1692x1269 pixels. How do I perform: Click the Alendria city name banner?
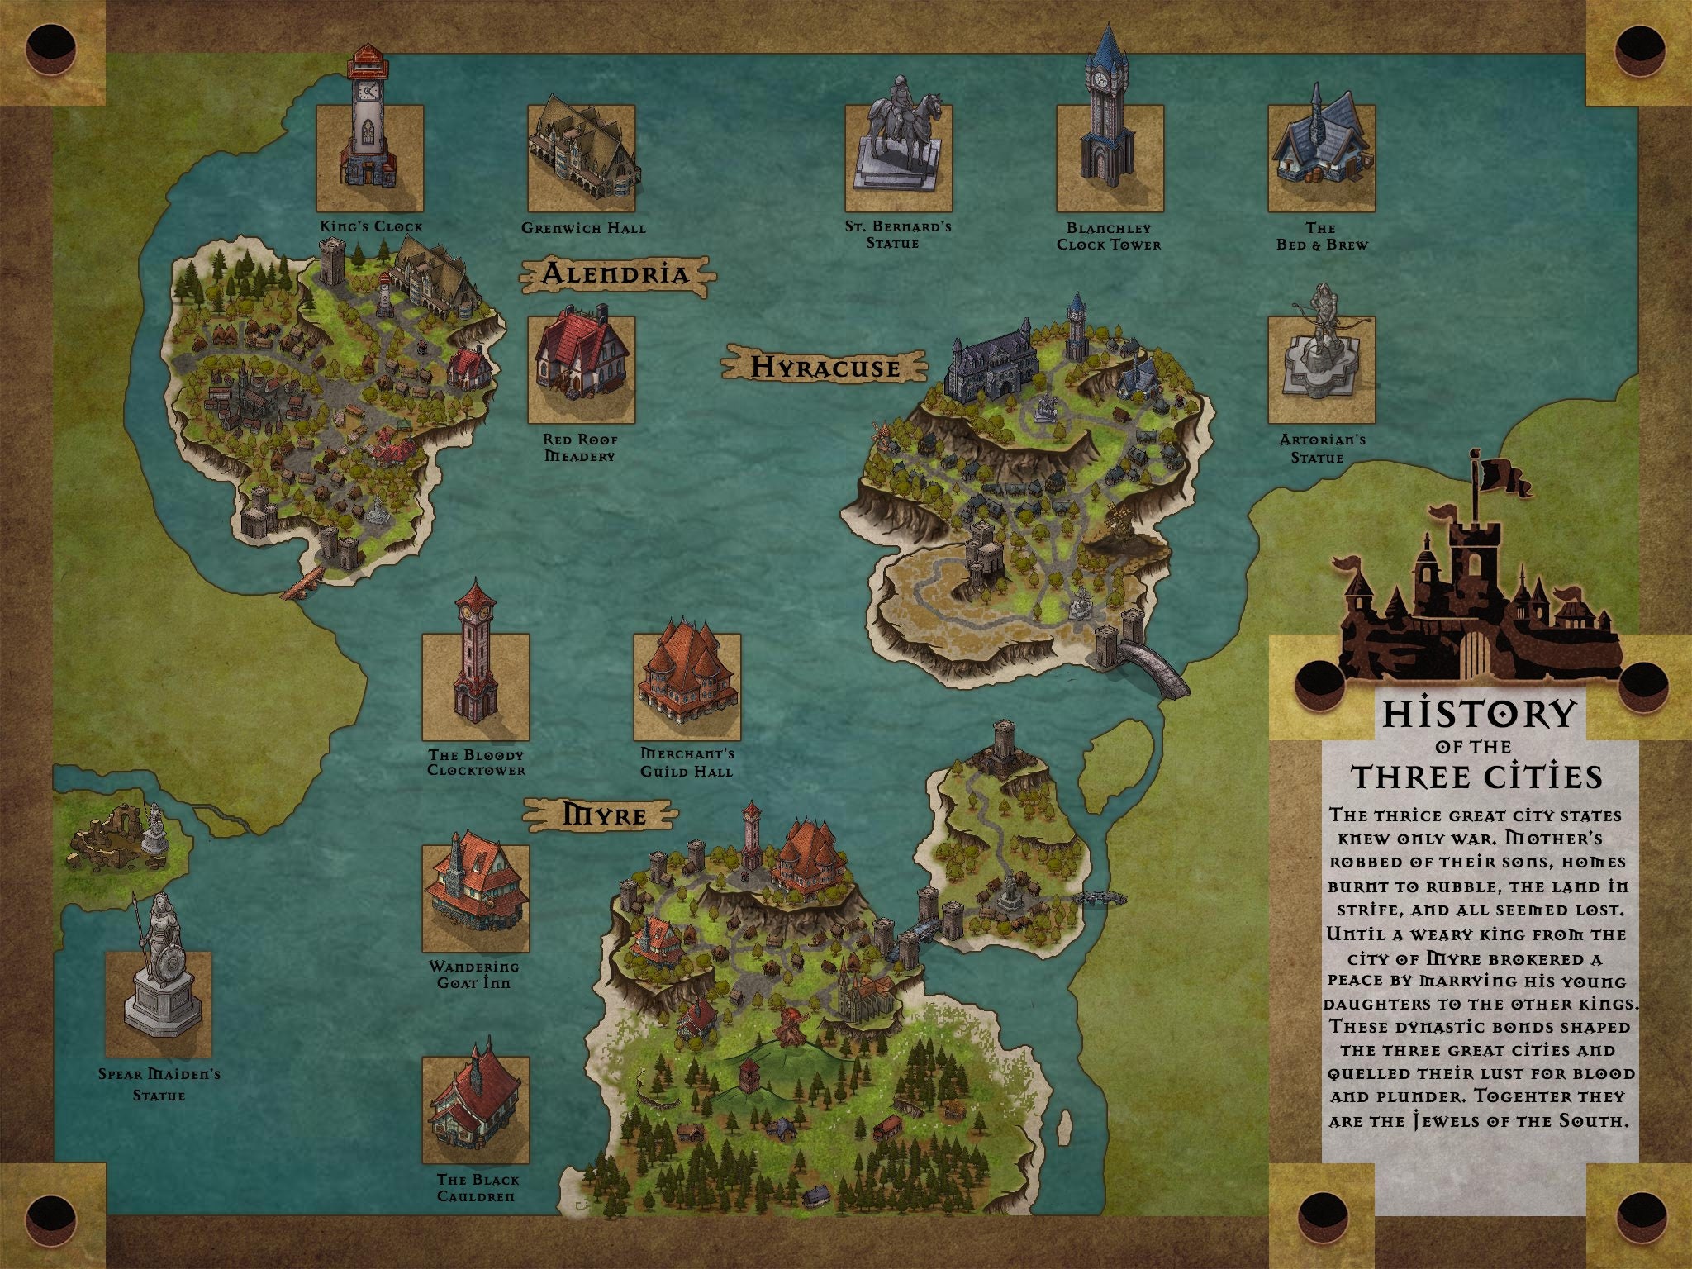615,274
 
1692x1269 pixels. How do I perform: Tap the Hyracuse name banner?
825,367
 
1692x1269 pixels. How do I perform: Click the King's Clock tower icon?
368,124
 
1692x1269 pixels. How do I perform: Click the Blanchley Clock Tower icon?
1108,116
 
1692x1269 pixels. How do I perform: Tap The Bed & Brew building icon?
1320,145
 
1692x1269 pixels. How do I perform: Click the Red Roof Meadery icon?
582,355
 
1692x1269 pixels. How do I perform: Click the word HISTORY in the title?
1479,715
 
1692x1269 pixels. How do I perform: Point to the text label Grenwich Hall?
583,228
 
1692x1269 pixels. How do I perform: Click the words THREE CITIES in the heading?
1477,777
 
